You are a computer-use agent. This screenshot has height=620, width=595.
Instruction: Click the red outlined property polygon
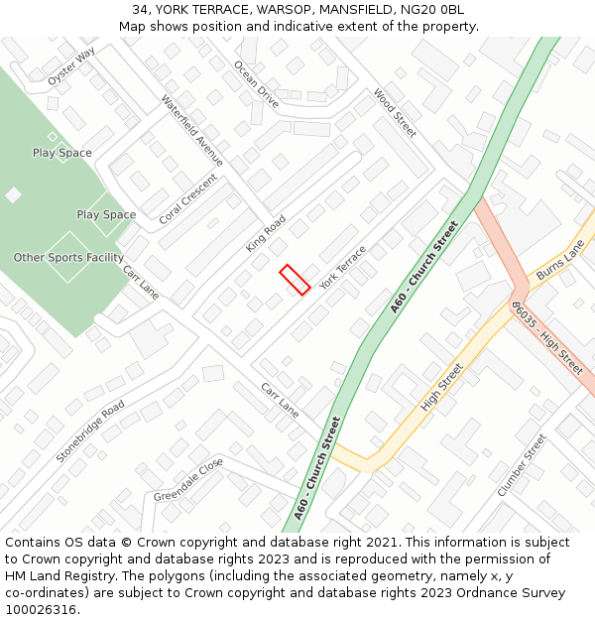tap(295, 279)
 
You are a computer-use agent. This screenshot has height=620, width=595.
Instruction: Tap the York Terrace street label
tap(342, 268)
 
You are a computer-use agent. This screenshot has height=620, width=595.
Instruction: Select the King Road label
tap(266, 233)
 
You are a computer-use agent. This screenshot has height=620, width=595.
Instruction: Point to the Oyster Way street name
tap(71, 65)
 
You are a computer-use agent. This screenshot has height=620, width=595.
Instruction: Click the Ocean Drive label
tap(256, 83)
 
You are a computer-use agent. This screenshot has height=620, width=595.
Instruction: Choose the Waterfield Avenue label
tap(191, 130)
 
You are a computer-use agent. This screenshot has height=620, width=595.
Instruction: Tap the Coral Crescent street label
tap(187, 198)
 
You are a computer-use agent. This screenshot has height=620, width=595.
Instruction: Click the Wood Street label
tap(395, 112)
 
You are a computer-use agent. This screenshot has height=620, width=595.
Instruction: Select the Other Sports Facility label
tap(68, 258)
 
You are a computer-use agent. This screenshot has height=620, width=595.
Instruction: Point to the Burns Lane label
tap(559, 259)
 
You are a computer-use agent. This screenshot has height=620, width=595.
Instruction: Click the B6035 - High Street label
tap(546, 337)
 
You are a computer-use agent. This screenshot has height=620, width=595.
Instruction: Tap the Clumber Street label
tap(522, 464)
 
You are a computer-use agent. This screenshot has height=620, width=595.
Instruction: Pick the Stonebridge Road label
tap(90, 432)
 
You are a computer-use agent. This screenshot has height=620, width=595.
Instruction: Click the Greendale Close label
tap(188, 480)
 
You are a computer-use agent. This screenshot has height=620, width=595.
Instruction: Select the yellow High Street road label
tap(442, 387)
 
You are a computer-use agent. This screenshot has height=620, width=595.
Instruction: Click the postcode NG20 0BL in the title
tap(436, 10)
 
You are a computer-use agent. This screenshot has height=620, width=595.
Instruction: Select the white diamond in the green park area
tap(13, 195)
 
